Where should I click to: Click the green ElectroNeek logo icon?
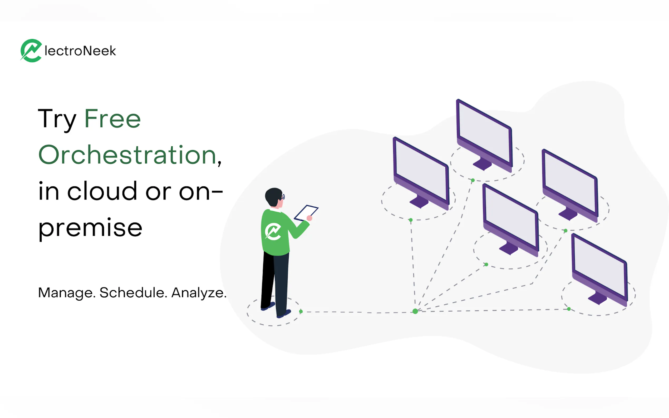31,51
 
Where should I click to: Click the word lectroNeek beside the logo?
80,51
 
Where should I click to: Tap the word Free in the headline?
112,119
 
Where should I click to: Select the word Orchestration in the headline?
127,155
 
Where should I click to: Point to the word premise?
90,228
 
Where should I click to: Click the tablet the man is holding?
306,213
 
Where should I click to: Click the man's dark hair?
273,196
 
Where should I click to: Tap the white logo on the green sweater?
273,231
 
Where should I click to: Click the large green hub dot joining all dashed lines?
415,311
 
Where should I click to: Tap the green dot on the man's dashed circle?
301,312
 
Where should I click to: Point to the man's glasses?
282,197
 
